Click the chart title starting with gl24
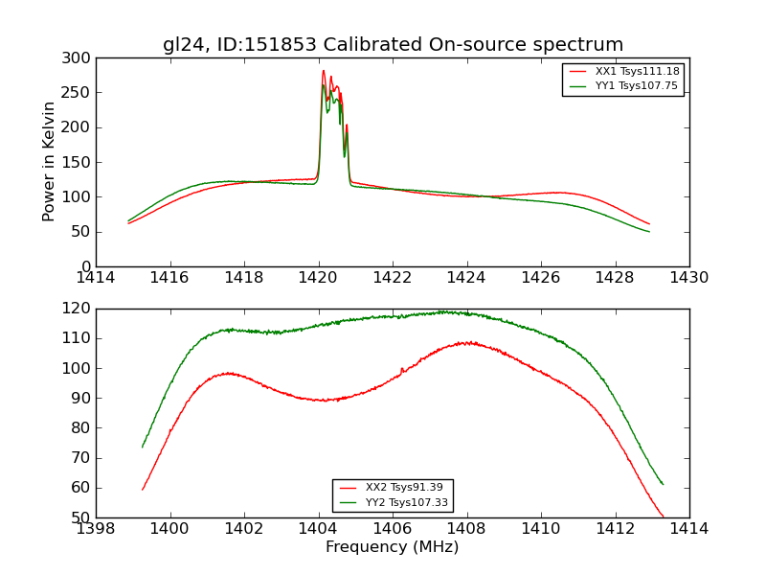[x=393, y=45]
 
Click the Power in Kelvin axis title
[x=50, y=161]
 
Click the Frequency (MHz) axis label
[x=392, y=547]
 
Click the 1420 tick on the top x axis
[x=318, y=277]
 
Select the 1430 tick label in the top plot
[x=688, y=277]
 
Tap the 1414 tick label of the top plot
[x=97, y=277]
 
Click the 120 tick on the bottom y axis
[x=79, y=309]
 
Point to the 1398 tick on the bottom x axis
[x=97, y=528]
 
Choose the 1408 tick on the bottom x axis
[x=466, y=528]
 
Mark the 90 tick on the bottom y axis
[x=81, y=398]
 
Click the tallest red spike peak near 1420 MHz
[x=324, y=70]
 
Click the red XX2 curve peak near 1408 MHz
[x=466, y=342]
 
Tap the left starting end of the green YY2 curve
[x=143, y=447]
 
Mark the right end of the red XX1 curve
[x=649, y=224]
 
